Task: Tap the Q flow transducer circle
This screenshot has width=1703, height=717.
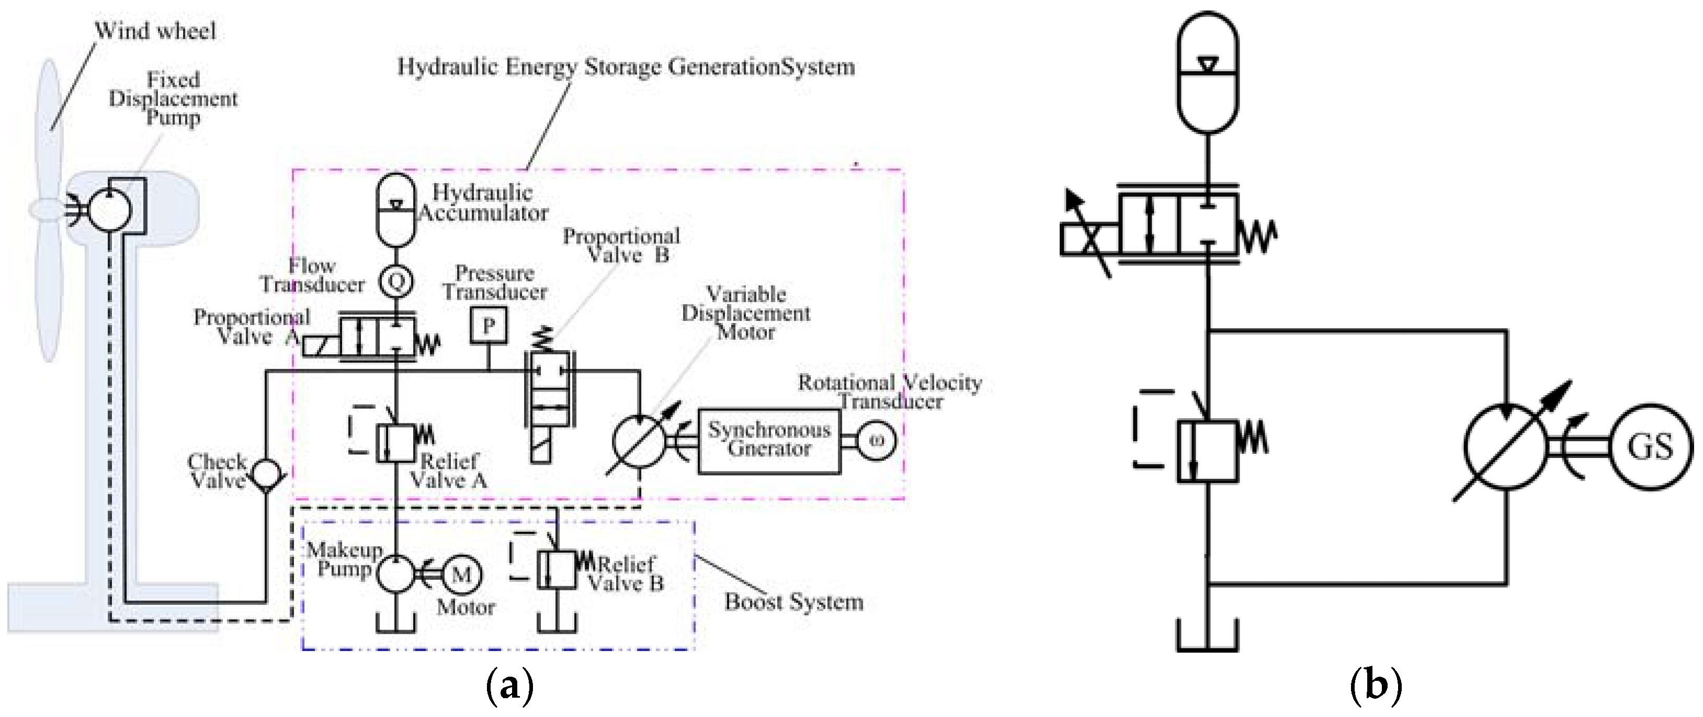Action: tap(396, 282)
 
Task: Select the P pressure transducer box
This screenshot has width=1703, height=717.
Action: tap(489, 326)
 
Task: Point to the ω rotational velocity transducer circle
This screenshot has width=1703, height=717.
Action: tap(876, 441)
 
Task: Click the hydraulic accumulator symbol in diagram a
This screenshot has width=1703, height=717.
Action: tap(396, 209)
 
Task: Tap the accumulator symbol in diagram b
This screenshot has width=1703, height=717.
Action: tap(1208, 73)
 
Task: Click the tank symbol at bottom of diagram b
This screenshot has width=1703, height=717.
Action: tap(1207, 636)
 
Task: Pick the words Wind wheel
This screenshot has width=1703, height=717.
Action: tap(155, 31)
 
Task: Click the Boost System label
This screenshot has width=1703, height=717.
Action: tap(793, 602)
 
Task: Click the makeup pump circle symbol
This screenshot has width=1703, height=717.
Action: tap(396, 574)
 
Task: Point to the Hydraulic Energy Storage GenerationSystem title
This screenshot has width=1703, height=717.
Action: tap(626, 68)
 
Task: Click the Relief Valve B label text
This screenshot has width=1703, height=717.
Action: tap(626, 574)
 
